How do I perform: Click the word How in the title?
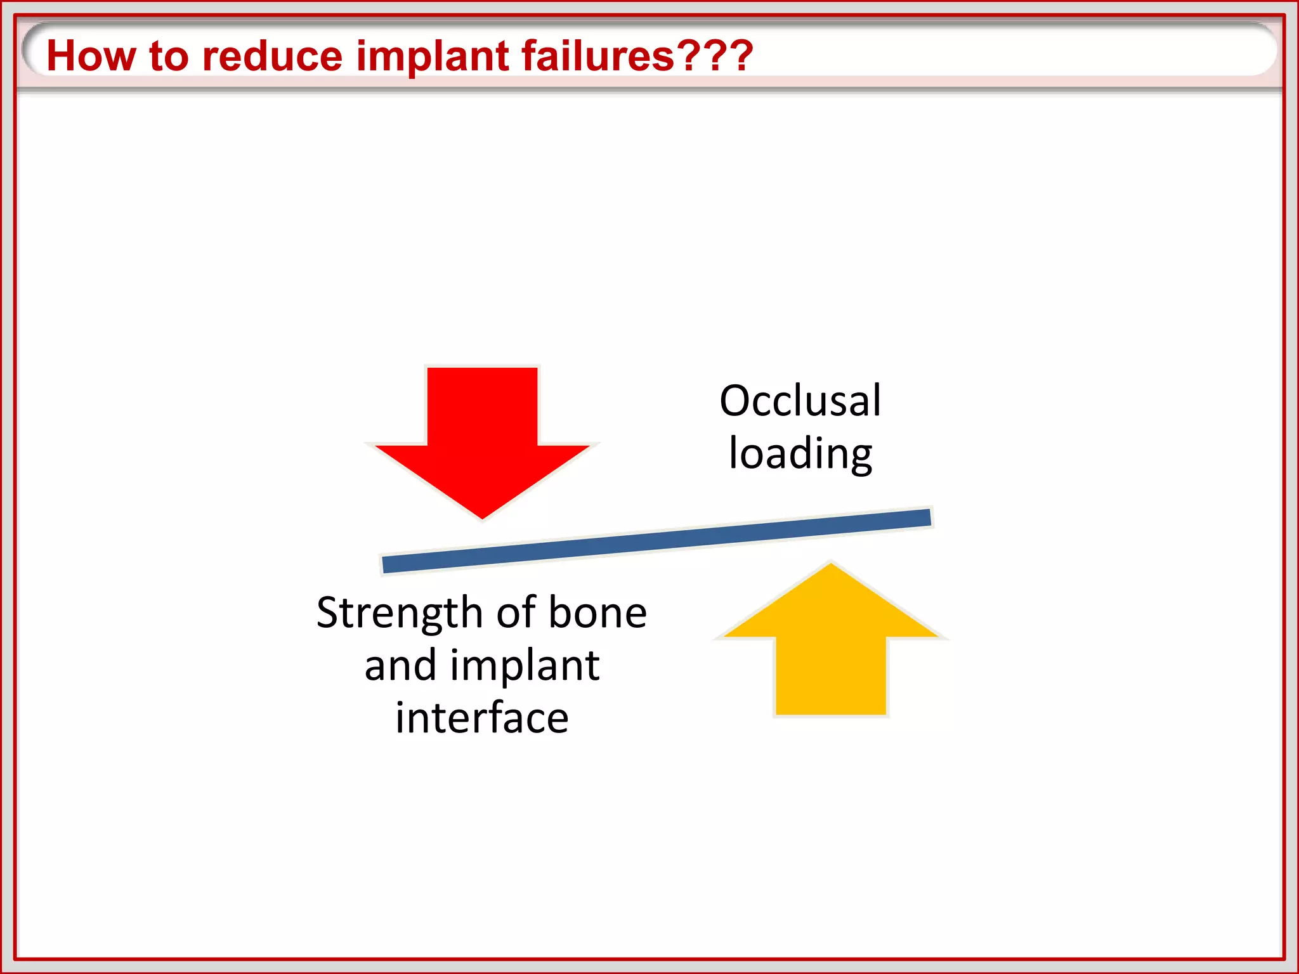91,56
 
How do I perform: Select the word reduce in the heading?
272,56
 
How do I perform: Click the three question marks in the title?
715,56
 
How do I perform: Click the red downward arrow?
482,438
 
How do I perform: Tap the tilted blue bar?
656,541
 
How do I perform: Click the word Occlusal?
800,401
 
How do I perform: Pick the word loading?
800,454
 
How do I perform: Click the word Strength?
400,613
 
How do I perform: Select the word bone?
597,613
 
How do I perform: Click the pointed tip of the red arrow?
482,516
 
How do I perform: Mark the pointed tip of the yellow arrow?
830,565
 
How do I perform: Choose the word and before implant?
400,666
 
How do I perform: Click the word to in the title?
169,56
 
